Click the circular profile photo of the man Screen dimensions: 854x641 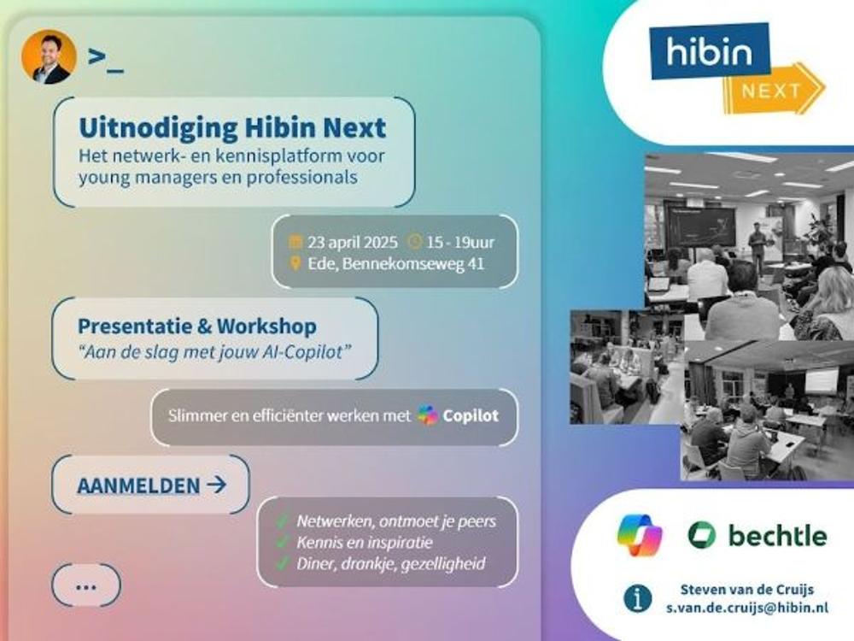[49, 56]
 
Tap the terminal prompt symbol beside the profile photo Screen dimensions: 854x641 [106, 60]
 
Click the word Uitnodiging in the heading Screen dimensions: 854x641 [159, 129]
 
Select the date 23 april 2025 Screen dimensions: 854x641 [353, 242]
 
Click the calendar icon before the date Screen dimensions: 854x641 [295, 242]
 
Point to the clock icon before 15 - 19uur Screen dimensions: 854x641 [415, 242]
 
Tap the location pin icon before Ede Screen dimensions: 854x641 [295, 264]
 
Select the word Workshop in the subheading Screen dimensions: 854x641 [266, 326]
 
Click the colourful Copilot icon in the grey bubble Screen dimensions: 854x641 [428, 415]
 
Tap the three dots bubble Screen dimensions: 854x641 [86, 585]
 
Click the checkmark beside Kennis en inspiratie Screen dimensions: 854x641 [282, 543]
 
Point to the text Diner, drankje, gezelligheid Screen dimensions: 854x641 [390, 563]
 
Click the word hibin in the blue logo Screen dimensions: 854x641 [709, 52]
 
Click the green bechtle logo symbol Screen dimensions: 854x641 [701, 535]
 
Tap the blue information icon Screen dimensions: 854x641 [637, 598]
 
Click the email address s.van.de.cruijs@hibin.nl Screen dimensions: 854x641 [747, 608]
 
